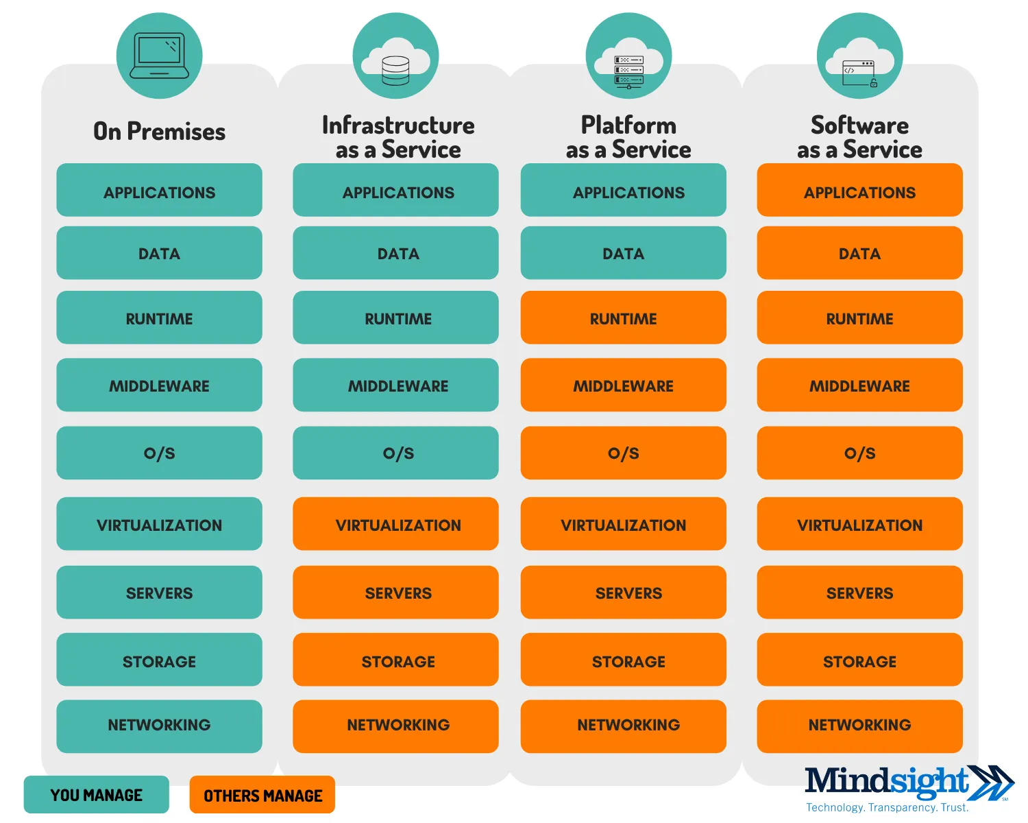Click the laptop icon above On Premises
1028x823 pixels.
tap(159, 56)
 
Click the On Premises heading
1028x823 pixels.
tap(159, 131)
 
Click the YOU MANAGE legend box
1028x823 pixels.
tap(96, 795)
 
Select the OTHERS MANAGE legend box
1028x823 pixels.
tap(262, 795)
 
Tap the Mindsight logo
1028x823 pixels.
tap(908, 783)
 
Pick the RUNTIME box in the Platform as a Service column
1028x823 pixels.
tap(623, 318)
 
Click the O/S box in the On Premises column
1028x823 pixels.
tap(159, 453)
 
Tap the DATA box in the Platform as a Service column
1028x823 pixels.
tap(623, 253)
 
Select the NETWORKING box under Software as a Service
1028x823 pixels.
tap(859, 726)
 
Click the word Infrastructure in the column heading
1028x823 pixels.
tap(398, 126)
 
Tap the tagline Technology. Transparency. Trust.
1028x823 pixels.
tap(887, 807)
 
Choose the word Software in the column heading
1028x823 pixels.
tap(859, 126)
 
